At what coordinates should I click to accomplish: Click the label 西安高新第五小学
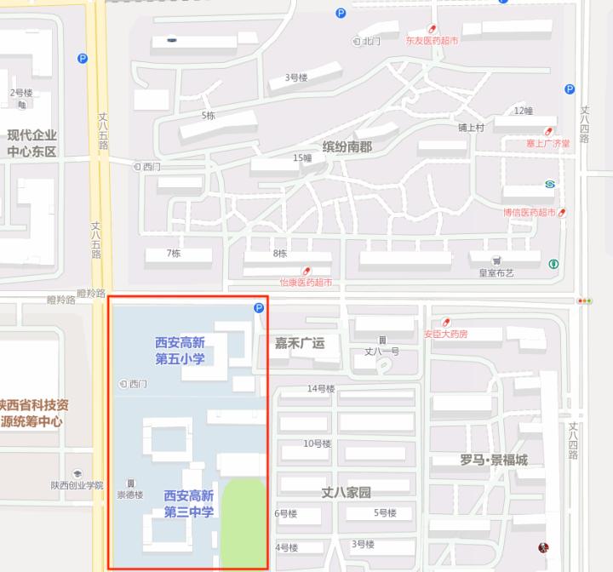coord(180,351)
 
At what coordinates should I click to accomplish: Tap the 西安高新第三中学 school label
coord(189,503)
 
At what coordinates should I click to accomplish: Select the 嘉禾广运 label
coord(299,343)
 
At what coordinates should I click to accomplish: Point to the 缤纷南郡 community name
coord(347,146)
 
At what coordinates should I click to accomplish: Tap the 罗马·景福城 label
coord(494,460)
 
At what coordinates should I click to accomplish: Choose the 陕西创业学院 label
coord(77,485)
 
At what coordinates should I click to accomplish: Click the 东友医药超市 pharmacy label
coord(432,40)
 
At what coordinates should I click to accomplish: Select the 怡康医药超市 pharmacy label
coord(306,282)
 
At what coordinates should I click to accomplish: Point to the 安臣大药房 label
coord(445,334)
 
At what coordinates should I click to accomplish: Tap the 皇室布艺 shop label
coord(496,273)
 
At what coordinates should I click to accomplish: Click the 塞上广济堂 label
coord(548,144)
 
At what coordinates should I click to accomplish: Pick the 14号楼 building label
coord(321,389)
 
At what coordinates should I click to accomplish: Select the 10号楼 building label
coord(318,443)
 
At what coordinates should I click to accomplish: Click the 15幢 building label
coord(302,157)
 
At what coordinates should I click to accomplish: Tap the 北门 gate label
coord(370,41)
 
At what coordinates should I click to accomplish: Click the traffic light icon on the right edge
coord(584,300)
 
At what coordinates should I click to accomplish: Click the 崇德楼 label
coord(130,495)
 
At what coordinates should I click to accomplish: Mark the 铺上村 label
coord(470,128)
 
